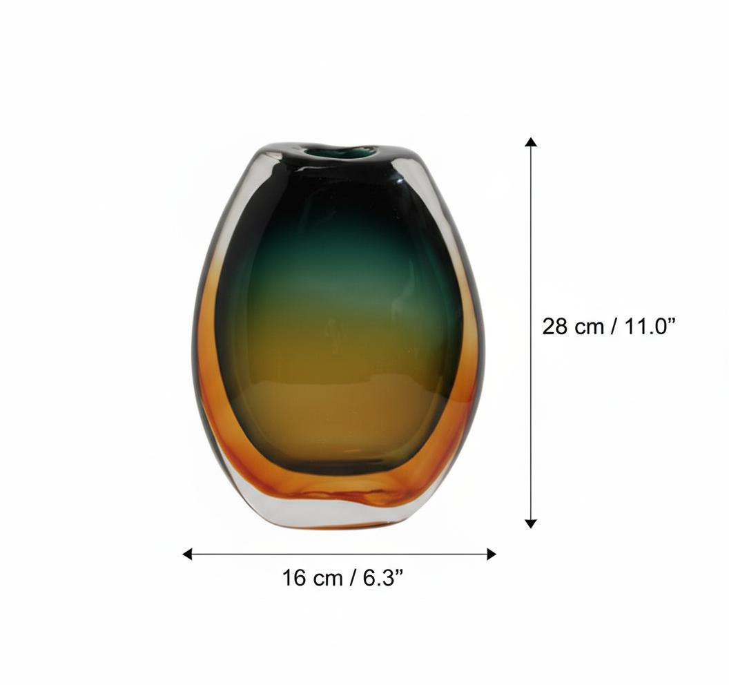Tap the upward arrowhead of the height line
(530, 142)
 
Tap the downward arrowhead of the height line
(530, 523)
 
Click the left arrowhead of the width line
(187, 554)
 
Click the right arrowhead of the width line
(492, 554)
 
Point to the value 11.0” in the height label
(648, 326)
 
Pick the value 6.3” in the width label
(380, 577)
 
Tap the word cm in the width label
(328, 577)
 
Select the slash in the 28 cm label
(614, 326)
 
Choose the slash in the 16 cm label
(353, 577)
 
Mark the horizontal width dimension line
(338, 554)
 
